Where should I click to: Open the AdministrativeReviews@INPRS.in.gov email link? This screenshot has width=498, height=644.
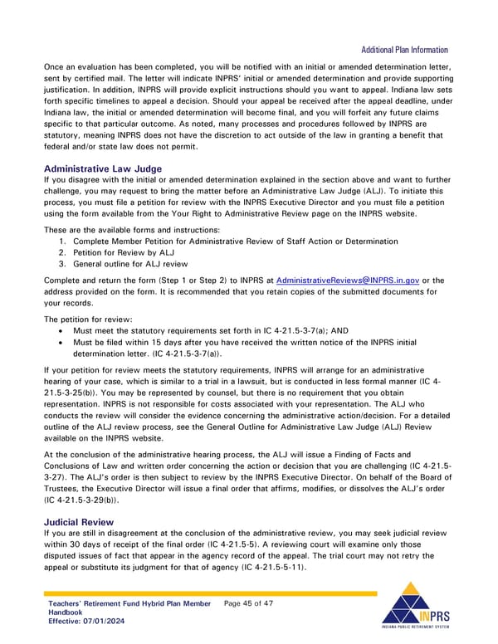[348, 280]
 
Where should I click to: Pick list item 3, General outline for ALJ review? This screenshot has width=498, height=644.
[132, 264]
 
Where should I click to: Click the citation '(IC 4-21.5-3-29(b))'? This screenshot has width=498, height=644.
[82, 500]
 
